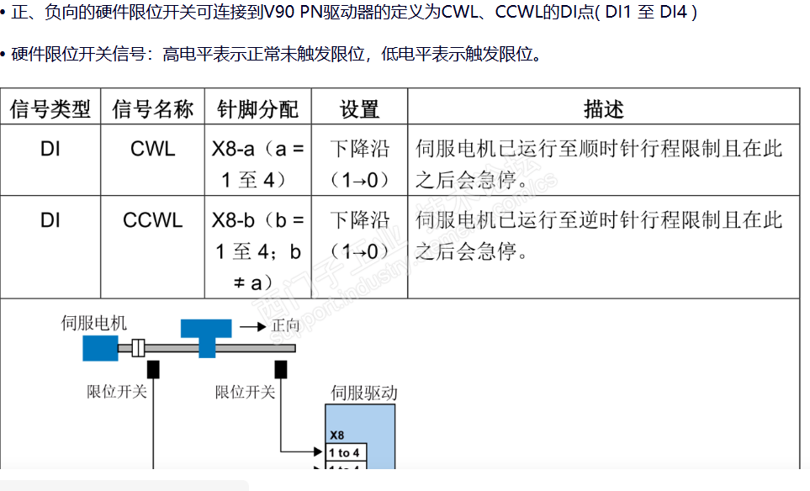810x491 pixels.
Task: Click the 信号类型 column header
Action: [50, 108]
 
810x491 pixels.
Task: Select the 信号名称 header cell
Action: [153, 108]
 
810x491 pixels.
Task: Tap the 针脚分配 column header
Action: [257, 108]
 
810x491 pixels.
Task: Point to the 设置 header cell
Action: [359, 108]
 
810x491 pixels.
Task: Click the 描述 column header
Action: [603, 108]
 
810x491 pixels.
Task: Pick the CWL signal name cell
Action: [153, 150]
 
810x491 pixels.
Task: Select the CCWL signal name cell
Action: [153, 220]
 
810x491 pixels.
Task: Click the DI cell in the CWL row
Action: [50, 150]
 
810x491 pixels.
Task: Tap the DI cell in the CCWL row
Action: [50, 220]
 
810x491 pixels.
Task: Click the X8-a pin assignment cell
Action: [257, 164]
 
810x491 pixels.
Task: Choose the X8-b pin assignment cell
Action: [257, 251]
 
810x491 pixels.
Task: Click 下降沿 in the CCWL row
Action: [359, 220]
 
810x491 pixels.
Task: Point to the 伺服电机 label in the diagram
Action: [94, 323]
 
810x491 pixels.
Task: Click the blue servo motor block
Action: [100, 347]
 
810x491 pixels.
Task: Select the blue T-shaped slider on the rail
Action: [205, 335]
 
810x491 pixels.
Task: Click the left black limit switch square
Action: [153, 369]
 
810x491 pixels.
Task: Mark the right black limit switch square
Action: [281, 369]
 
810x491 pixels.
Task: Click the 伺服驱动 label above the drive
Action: [364, 393]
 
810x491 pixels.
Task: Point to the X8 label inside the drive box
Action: [337, 436]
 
